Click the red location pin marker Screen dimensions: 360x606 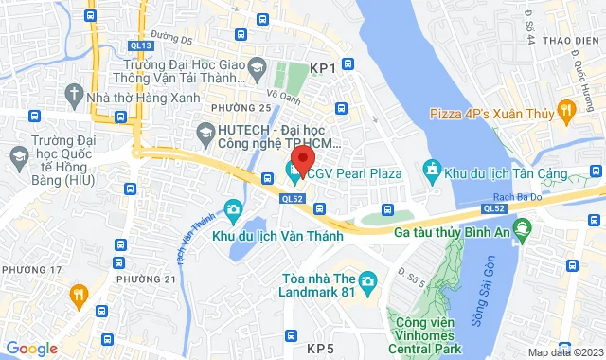click(302, 158)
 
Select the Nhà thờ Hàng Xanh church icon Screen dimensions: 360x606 click(74, 95)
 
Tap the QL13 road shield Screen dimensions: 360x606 click(140, 45)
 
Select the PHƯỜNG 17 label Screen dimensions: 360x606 click(31, 270)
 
